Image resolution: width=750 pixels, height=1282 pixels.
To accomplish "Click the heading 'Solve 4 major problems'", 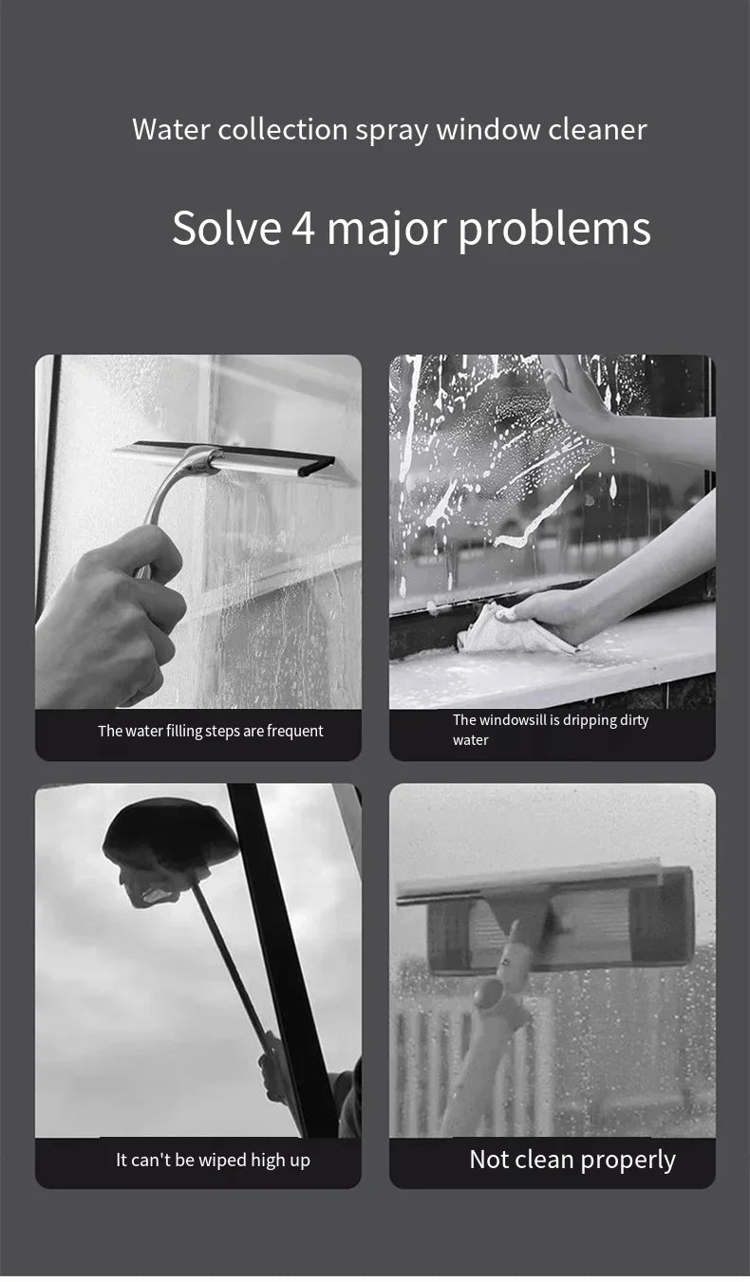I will point(411,229).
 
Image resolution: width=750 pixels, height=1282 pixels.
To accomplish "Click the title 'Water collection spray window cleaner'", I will point(389,129).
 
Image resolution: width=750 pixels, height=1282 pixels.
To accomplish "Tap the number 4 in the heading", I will point(303,229).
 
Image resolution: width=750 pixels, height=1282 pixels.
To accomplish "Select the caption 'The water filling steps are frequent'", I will point(210,731).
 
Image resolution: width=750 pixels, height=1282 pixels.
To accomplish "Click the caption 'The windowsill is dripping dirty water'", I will point(551,730).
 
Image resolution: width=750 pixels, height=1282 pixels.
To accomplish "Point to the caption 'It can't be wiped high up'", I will point(213,1160).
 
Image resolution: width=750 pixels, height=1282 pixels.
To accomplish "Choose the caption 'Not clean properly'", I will point(572,1160).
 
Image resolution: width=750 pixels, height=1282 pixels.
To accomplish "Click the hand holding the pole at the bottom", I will point(275,1063).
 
